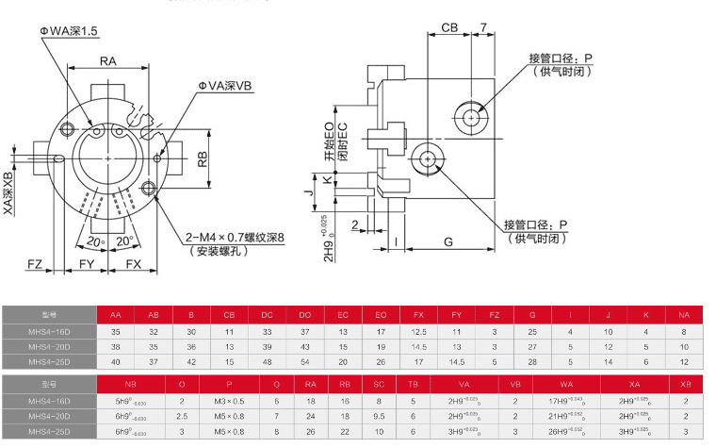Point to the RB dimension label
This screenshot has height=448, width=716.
[x=203, y=158]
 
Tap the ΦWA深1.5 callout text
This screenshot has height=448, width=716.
[x=69, y=31]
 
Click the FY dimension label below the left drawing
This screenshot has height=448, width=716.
[x=86, y=263]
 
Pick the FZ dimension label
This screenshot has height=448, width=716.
[x=36, y=263]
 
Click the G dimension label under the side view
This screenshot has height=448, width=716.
[x=449, y=242]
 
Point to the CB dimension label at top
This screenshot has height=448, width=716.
[x=450, y=28]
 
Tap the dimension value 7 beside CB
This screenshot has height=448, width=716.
[x=482, y=28]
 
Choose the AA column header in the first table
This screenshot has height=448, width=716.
[x=116, y=315]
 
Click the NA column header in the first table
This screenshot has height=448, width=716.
[x=684, y=315]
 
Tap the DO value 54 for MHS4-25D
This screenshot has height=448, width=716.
[x=305, y=361]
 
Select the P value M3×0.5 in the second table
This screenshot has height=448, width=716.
[x=229, y=401]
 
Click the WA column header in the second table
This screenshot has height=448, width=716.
[x=566, y=385]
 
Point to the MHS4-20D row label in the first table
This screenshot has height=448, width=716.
[x=49, y=346]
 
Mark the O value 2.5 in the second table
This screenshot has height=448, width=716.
[x=182, y=416]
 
